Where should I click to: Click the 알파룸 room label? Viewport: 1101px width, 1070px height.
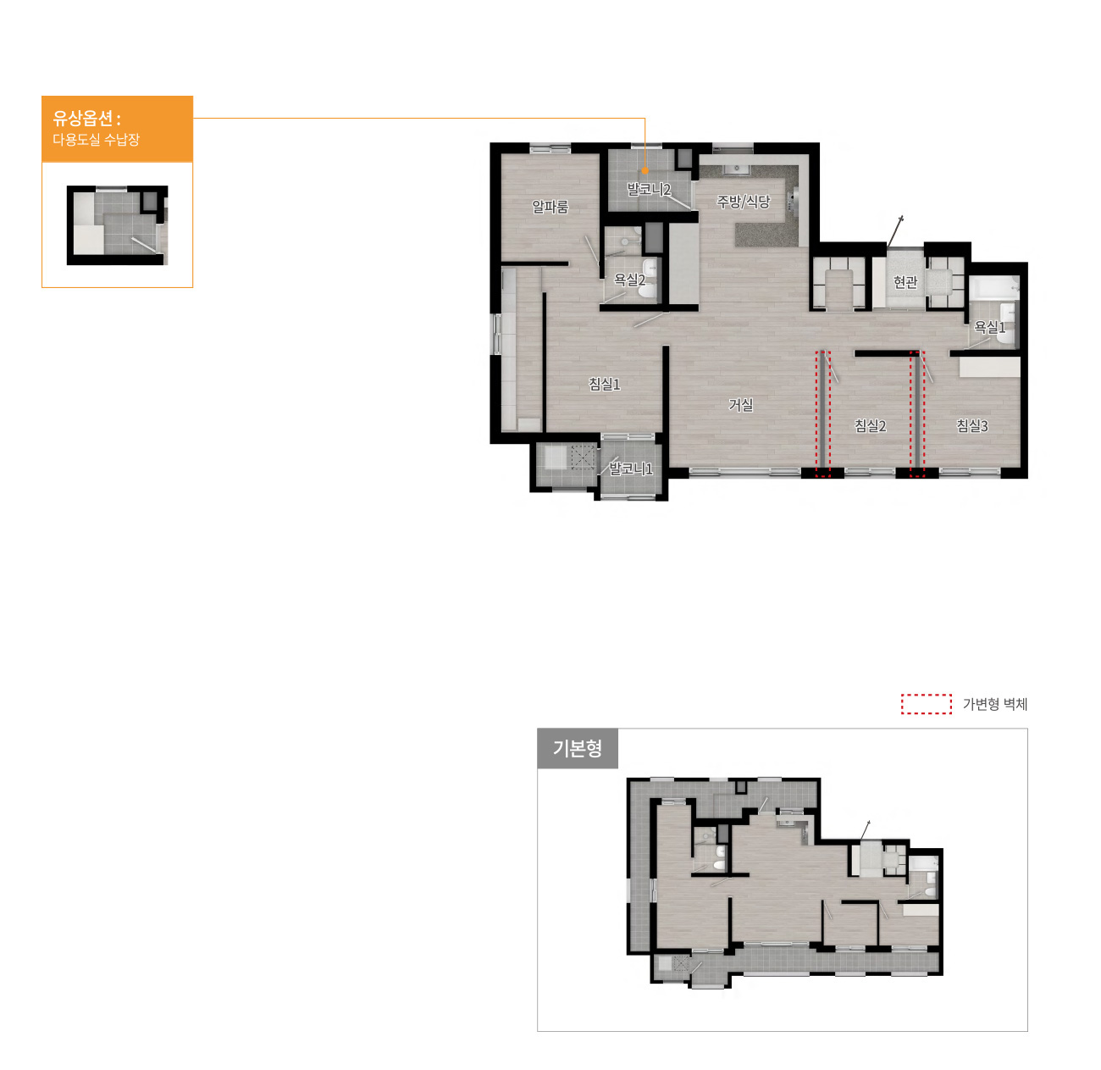coord(550,207)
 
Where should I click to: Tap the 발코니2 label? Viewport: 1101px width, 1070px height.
coord(649,189)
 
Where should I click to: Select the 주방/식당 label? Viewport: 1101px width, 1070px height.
coord(743,202)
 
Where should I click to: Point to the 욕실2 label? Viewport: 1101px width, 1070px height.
coord(630,280)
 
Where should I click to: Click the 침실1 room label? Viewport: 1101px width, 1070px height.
coord(604,385)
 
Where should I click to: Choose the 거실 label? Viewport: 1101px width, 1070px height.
coord(740,405)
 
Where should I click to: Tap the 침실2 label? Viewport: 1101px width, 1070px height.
coord(870,425)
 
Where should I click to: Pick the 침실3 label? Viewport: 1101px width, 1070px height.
coord(971,425)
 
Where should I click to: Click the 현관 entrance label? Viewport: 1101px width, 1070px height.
coord(905,282)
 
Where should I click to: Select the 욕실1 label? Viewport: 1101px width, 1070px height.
coord(989,326)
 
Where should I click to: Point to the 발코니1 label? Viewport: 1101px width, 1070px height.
coord(630,468)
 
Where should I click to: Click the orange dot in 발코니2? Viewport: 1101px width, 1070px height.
coord(645,170)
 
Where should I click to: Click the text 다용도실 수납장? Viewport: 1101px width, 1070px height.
coord(96,140)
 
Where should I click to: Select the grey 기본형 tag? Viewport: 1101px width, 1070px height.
coord(577,748)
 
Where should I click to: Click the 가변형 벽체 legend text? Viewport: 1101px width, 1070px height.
coord(994,704)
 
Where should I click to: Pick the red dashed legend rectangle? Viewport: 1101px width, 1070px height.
coord(927,704)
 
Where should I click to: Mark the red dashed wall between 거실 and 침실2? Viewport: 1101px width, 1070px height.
coord(822,413)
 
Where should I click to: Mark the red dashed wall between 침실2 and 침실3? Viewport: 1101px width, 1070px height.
coord(916,413)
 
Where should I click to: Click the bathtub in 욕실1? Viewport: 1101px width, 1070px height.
coord(994,288)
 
